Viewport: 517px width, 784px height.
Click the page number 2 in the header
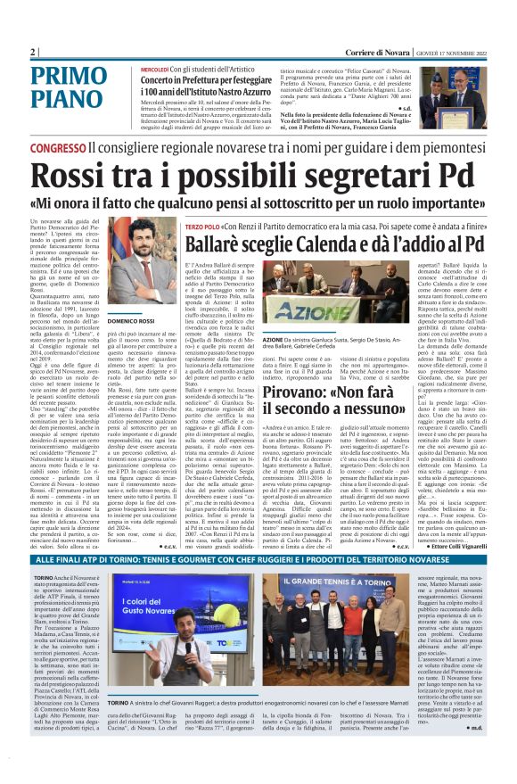coord(33,51)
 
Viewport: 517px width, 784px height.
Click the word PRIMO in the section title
coord(70,78)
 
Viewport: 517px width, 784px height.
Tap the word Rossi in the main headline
coord(72,177)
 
